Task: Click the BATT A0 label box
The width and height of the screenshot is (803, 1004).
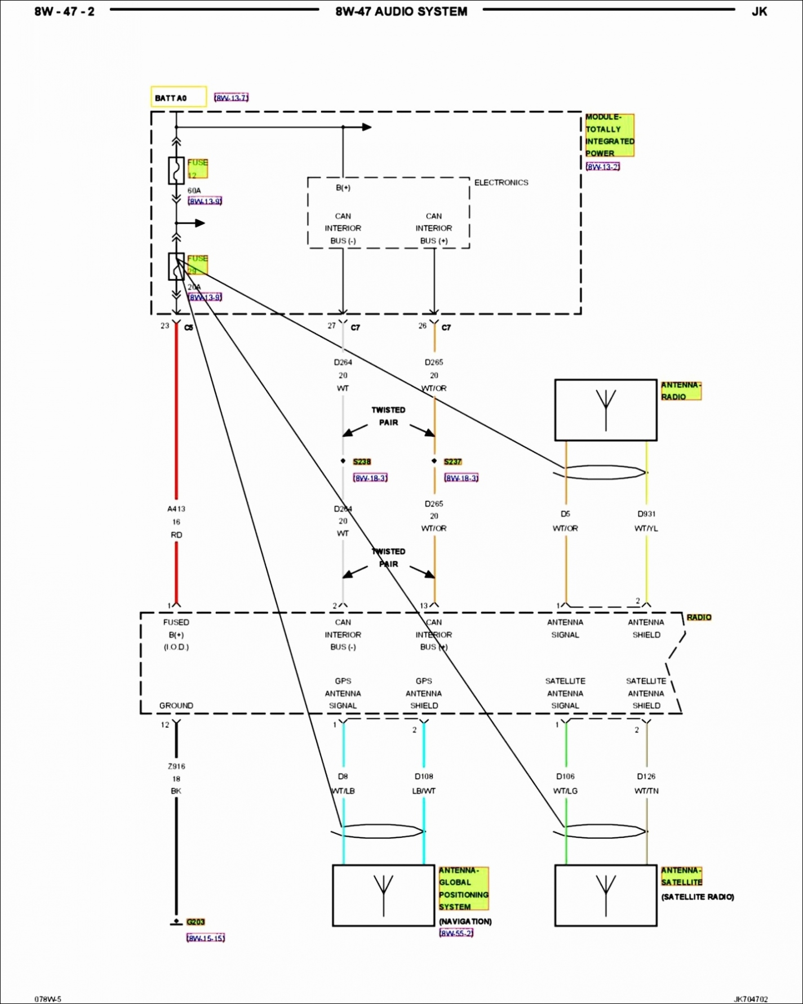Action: pos(178,97)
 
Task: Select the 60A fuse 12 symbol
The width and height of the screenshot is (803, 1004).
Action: pos(176,170)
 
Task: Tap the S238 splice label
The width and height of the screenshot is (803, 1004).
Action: pos(362,462)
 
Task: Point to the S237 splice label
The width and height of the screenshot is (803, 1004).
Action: pos(452,462)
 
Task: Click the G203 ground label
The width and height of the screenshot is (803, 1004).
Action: pos(196,922)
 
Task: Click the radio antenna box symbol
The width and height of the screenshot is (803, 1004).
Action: pos(605,410)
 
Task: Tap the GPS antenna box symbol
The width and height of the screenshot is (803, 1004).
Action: pos(383,895)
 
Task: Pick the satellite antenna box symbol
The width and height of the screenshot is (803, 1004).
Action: pos(605,895)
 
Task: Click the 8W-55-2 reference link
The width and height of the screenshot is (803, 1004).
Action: pos(456,933)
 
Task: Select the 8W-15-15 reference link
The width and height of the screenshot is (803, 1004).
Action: pos(206,938)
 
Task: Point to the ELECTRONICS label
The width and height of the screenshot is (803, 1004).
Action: pos(501,183)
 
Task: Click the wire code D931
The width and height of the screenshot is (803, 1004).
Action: pos(646,514)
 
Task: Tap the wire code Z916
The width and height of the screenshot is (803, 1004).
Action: pos(176,766)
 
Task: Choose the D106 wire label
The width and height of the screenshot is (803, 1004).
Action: pos(565,776)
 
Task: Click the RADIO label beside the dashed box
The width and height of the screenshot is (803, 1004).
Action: pos(699,617)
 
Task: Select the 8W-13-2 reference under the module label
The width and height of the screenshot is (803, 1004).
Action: pos(602,167)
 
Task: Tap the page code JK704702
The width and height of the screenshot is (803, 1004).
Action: pos(751,999)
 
